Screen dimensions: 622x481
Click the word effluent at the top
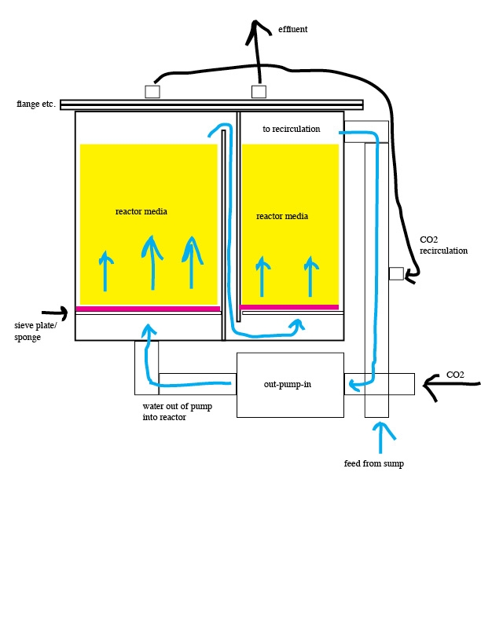pos(292,29)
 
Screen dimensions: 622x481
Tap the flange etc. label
pos(35,104)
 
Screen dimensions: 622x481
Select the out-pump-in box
pos(289,385)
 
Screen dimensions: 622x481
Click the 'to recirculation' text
pos(291,129)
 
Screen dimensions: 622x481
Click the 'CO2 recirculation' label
pos(443,244)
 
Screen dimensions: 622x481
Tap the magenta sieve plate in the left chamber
pos(148,309)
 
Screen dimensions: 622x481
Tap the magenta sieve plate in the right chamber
pos(289,307)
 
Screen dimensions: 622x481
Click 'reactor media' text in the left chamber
pos(141,211)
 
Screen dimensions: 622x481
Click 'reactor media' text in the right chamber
pos(282,216)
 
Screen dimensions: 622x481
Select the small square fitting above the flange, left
pos(152,91)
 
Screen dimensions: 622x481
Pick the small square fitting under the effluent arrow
pos(259,91)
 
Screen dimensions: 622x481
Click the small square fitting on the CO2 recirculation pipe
pos(396,273)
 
